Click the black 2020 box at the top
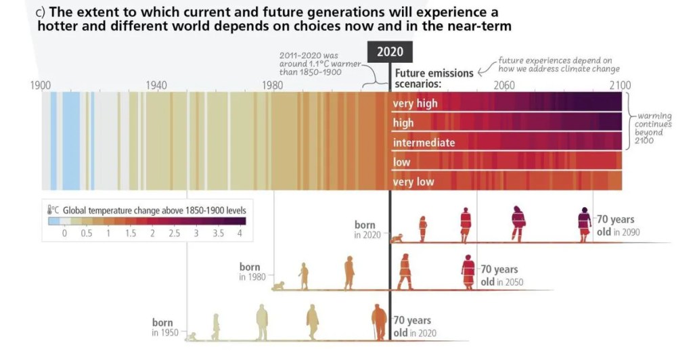[390, 52]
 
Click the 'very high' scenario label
[415, 104]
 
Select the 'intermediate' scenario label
[424, 143]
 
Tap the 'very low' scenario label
[413, 182]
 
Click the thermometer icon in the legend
[50, 210]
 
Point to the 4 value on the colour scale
[239, 233]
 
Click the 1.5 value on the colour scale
[130, 233]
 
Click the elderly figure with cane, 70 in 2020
[379, 323]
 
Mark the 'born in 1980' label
[249, 272]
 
